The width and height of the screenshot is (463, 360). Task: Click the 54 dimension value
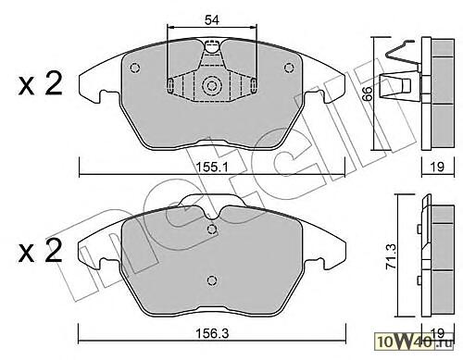pos(212,20)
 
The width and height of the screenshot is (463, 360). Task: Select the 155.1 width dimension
pos(212,168)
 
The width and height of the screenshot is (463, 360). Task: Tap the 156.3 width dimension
pos(212,333)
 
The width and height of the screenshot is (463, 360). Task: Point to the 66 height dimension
pos(368,93)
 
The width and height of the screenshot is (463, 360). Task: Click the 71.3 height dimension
pos(392,261)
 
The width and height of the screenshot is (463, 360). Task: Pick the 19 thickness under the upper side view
pos(437,167)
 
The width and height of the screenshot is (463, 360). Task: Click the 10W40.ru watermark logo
pos(415,341)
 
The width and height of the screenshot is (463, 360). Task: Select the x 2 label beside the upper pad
pos(40,83)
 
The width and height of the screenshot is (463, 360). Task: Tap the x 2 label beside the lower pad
pos(40,252)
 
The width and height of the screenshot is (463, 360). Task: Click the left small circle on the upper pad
pos(135,68)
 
